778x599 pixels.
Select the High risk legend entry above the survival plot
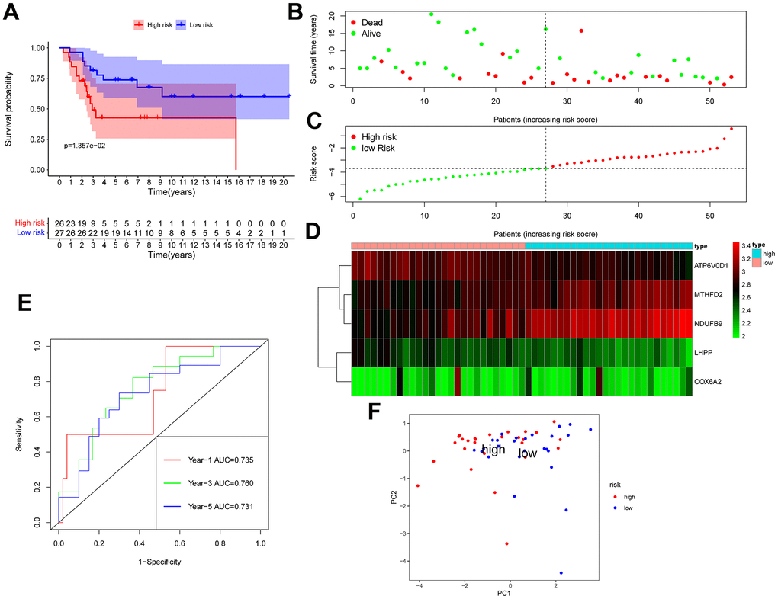coord(153,24)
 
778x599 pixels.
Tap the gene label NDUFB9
coord(712,322)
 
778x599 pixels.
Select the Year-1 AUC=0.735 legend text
coord(211,460)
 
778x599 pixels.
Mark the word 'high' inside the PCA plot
coord(494,450)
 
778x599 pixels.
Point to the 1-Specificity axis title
coord(159,562)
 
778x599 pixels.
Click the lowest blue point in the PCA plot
coord(561,572)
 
